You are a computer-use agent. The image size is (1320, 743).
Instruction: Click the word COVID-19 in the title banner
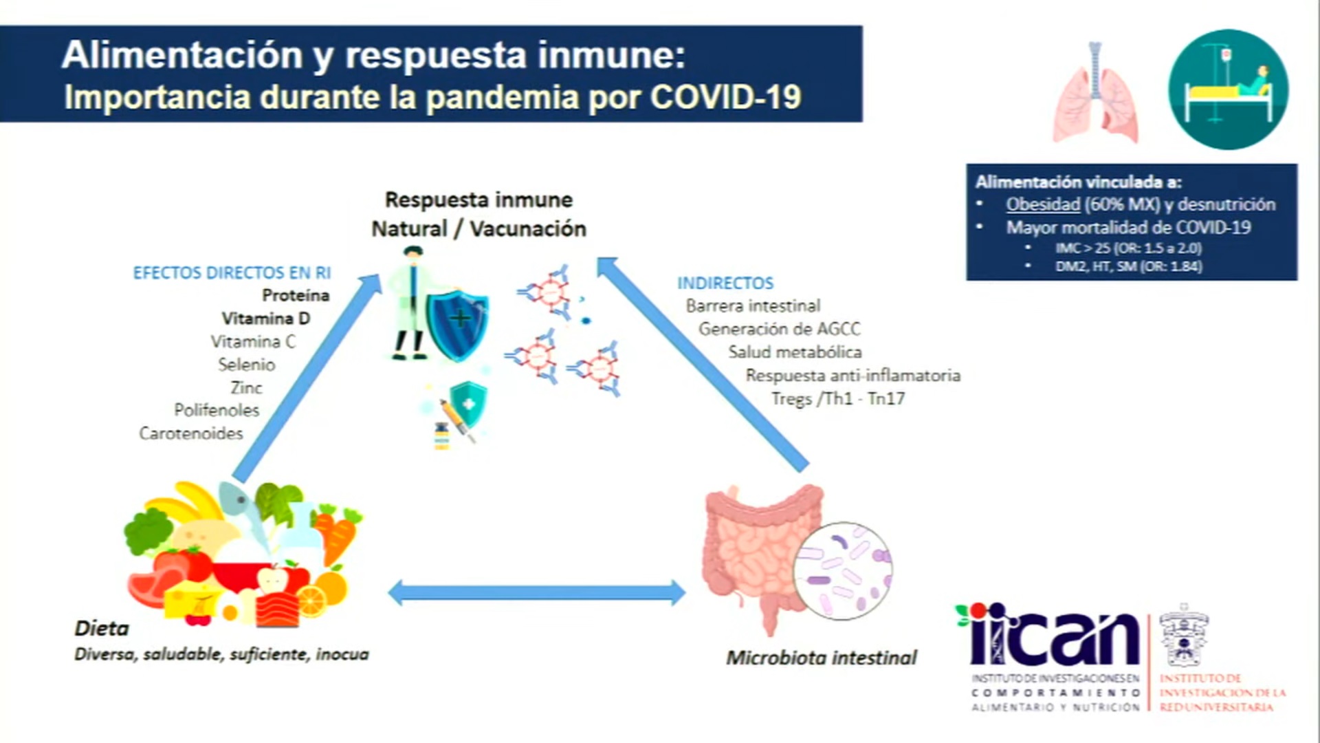(725, 97)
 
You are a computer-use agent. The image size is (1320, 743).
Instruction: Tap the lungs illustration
(1094, 93)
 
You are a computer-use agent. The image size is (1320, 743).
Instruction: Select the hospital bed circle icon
(1228, 89)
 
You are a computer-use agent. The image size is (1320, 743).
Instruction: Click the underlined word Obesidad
(1042, 204)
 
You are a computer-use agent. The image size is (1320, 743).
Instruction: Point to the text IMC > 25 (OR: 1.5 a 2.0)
(1128, 248)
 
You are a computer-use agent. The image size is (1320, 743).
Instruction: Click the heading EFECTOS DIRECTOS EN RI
(232, 273)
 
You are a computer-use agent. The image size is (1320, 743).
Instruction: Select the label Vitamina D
(265, 319)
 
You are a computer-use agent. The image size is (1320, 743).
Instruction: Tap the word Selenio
(246, 365)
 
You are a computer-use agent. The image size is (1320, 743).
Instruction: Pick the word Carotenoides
(191, 433)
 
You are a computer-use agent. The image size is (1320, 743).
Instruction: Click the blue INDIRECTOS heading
(725, 283)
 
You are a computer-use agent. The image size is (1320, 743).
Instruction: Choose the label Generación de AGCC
(779, 329)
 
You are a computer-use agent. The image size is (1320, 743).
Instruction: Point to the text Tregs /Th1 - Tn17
(837, 398)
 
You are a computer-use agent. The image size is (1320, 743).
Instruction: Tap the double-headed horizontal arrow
(536, 593)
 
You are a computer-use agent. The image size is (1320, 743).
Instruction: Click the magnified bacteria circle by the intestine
(842, 571)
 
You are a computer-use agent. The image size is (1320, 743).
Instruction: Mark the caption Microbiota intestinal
(822, 658)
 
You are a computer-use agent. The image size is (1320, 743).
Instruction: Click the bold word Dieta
(102, 628)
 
